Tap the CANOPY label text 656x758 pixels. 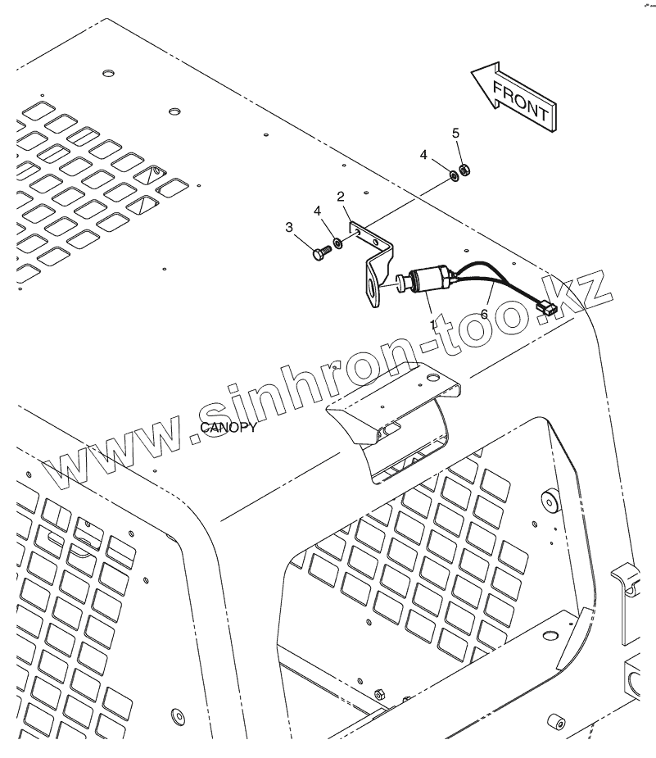(228, 428)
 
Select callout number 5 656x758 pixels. (456, 133)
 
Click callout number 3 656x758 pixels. (289, 227)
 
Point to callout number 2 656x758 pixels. (340, 197)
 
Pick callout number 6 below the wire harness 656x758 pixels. (483, 314)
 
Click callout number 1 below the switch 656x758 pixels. (433, 325)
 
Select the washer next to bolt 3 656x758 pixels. (335, 243)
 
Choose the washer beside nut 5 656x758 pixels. (451, 175)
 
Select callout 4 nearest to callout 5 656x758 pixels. (424, 154)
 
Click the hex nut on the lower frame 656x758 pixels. (379, 692)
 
